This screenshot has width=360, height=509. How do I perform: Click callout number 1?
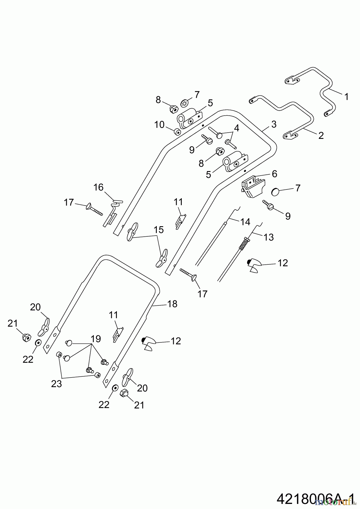tap(346, 97)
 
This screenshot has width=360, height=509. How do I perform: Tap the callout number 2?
tap(321, 135)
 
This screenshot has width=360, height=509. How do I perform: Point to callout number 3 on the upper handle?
tap(273, 124)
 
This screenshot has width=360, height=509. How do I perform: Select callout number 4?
tap(236, 128)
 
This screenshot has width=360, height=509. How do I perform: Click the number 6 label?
tap(274, 174)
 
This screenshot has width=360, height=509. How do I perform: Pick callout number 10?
tap(159, 124)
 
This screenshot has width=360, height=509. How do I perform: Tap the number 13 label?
tap(268, 237)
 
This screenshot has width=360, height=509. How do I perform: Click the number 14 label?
tap(245, 222)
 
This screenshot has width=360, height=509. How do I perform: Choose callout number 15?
tap(159, 230)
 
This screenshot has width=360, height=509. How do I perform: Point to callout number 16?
tap(98, 187)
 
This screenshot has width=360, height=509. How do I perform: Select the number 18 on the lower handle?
tap(172, 304)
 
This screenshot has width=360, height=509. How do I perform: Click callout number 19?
tap(96, 338)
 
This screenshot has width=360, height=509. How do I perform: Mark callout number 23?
tap(57, 384)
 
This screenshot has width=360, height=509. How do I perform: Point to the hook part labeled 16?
tap(112, 212)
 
